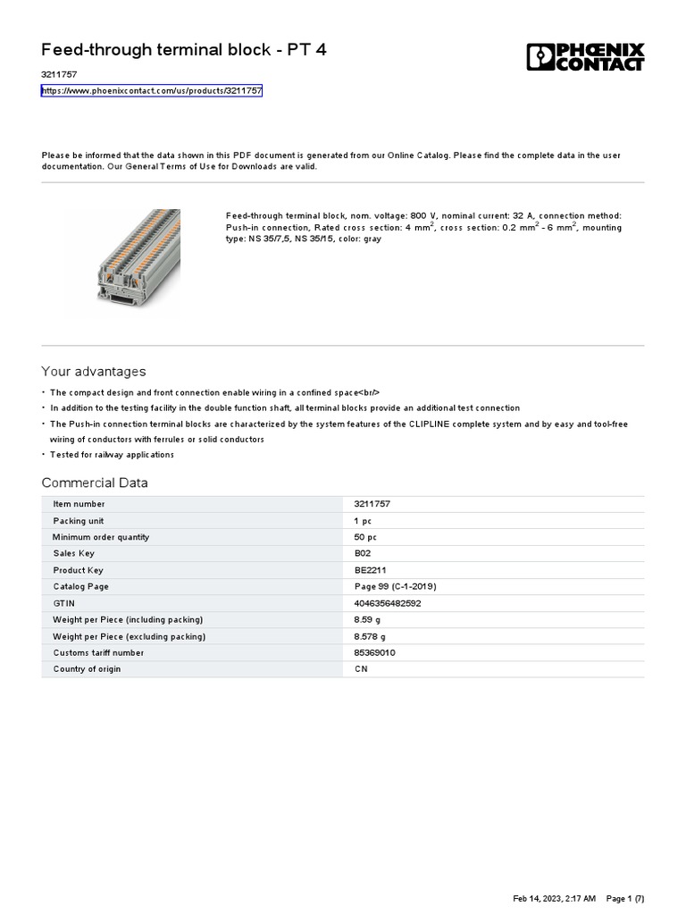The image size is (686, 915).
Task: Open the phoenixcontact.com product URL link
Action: (152, 91)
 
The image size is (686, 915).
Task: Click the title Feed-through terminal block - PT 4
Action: (184, 50)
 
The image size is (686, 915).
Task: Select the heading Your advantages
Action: (94, 372)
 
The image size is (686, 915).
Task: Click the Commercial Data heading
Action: (95, 483)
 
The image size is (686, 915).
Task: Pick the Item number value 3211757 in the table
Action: (372, 504)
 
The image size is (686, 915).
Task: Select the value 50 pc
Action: (365, 537)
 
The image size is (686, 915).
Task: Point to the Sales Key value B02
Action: (362, 554)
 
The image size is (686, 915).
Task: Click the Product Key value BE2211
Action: (370, 570)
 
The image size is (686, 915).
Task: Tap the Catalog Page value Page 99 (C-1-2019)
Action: (395, 587)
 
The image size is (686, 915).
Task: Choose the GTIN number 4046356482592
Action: (388, 603)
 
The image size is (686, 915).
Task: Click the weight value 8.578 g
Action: (370, 636)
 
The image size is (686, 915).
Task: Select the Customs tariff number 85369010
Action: (375, 653)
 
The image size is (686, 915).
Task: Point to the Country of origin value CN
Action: (361, 669)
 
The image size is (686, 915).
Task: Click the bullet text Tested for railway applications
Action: (112, 455)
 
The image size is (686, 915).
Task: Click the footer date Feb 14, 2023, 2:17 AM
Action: (555, 898)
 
